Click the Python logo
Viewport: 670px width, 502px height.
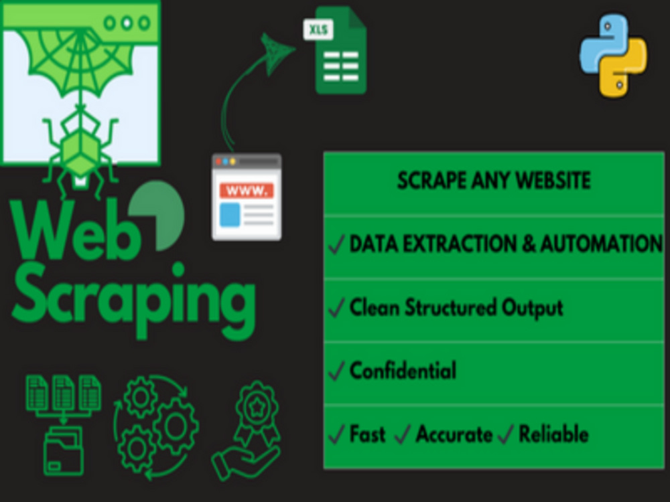613,56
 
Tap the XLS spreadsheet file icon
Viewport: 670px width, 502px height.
336,50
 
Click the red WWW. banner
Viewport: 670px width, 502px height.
247,190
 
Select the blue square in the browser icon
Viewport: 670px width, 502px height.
230,215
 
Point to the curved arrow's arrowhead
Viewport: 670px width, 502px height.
276,52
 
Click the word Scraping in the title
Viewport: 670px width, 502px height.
134,299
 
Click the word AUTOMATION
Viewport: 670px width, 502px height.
601,244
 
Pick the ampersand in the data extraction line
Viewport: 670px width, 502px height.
528,244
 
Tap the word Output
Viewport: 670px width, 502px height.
532,308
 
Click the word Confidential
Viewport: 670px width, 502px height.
403,370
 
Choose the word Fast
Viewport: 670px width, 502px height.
367,434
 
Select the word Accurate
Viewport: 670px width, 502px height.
454,434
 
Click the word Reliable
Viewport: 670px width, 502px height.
554,434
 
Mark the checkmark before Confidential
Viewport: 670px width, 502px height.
337,371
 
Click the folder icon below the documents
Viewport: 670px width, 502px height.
64,450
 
